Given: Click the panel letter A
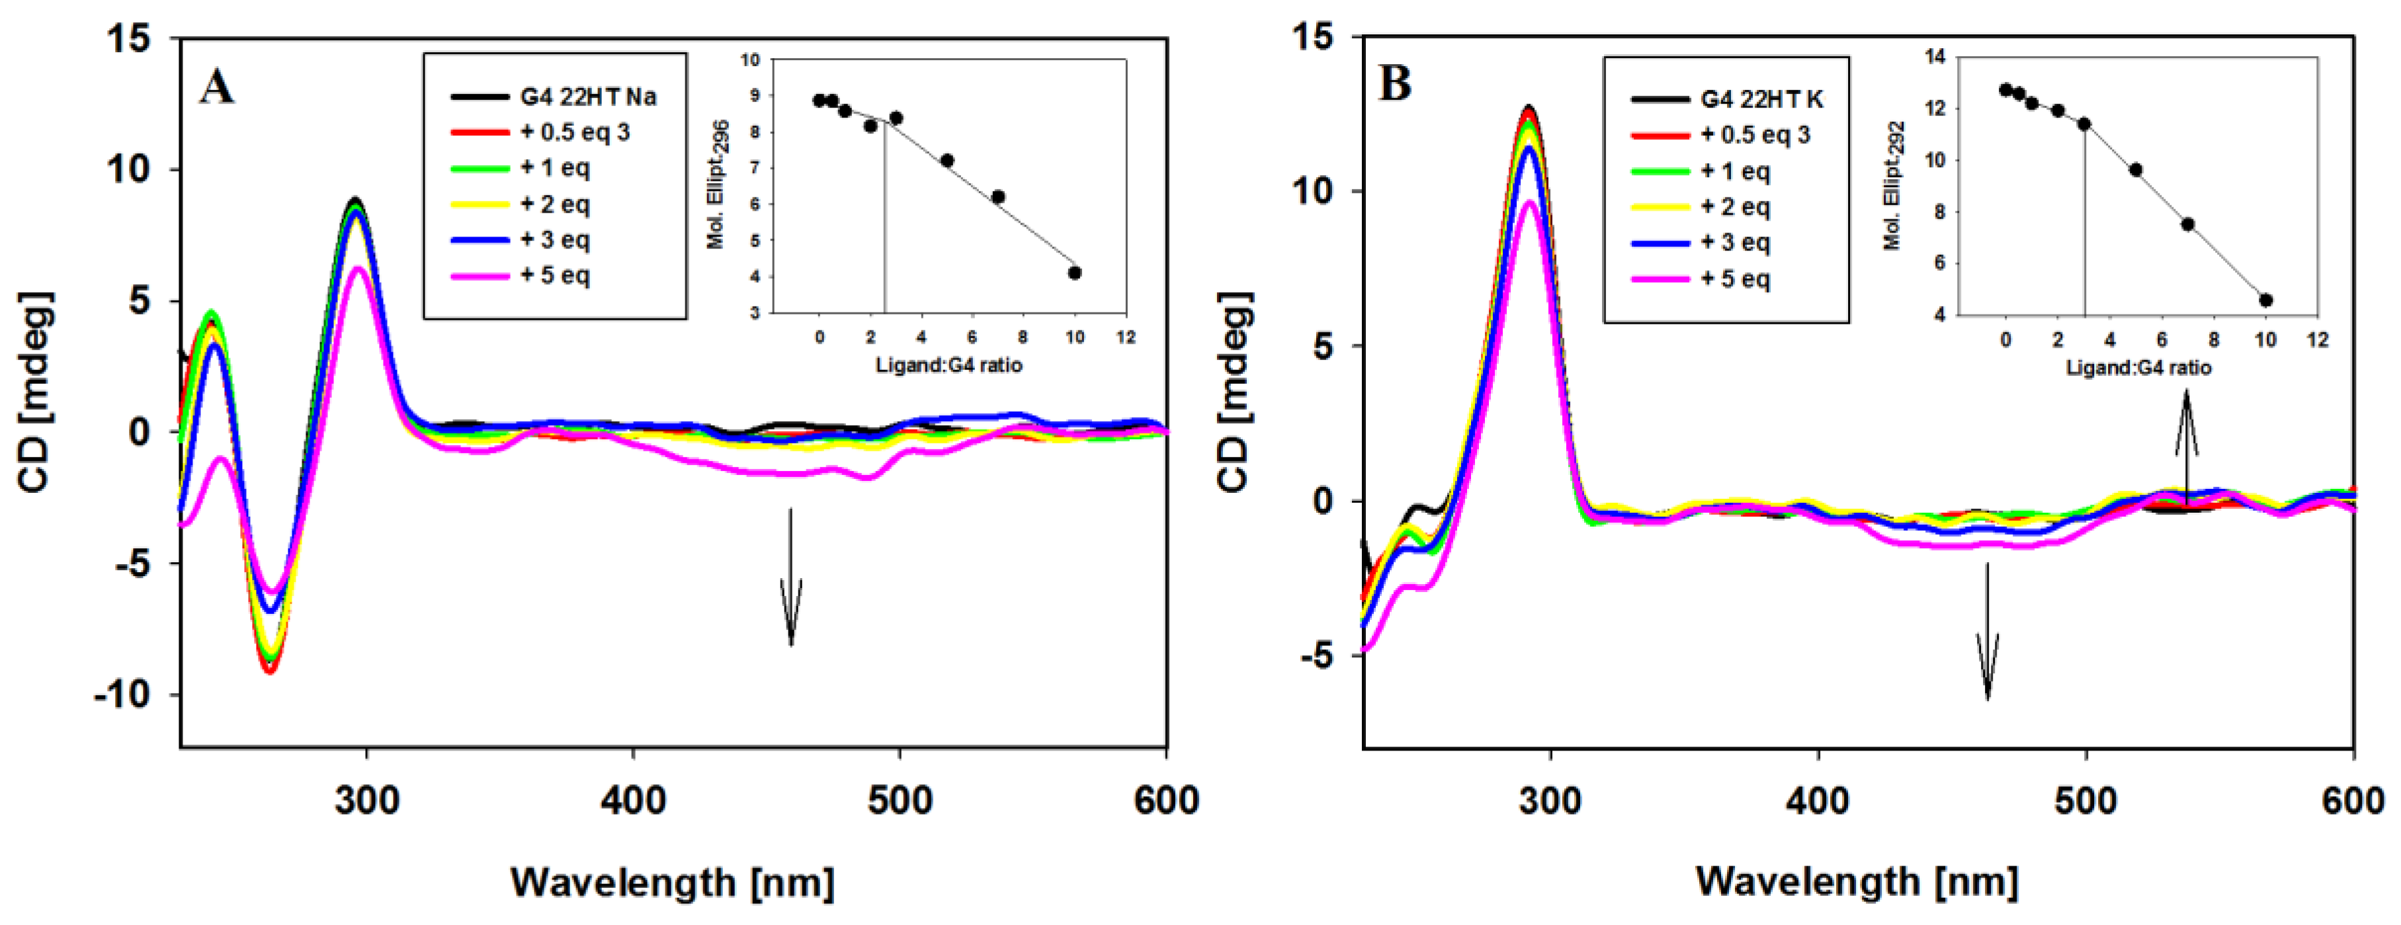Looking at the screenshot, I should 216,88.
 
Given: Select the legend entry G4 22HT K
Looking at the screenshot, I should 1761,98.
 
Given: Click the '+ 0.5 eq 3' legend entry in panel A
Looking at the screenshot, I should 574,132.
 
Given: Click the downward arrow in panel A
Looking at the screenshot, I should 790,577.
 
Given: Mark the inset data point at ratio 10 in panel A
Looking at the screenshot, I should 1075,273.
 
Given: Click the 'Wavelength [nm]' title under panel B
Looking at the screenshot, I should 1857,881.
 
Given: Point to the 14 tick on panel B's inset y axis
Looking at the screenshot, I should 1936,57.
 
